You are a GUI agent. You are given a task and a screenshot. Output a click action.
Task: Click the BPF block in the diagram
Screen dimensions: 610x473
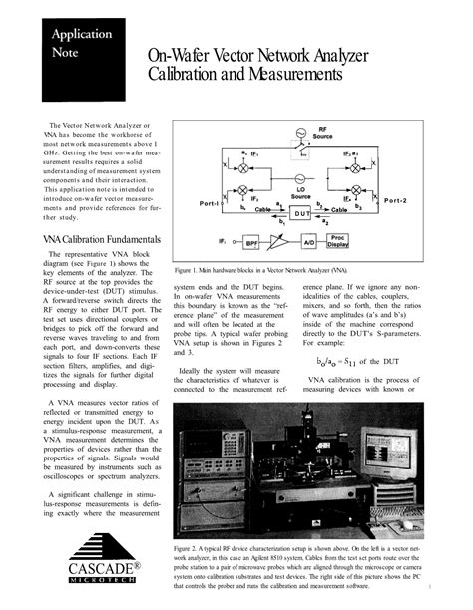point(251,242)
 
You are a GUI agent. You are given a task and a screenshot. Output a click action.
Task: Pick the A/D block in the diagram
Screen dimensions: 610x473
point(309,242)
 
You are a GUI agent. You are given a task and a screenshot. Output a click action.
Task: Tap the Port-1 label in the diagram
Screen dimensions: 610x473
point(210,203)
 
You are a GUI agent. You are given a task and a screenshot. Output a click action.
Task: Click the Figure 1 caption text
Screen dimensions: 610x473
point(261,270)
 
